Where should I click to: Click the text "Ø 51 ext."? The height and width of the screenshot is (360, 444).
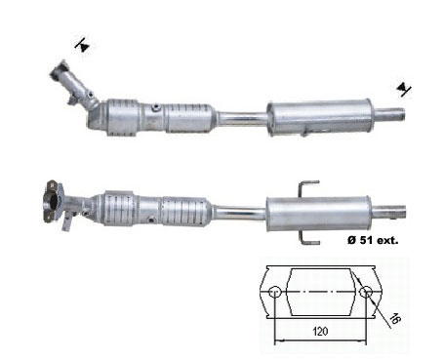point(373,240)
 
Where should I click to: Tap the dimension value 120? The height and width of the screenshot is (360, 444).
point(320,332)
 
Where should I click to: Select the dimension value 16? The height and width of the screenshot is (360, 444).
point(394,319)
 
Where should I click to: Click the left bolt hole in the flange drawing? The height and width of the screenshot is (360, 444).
point(275,292)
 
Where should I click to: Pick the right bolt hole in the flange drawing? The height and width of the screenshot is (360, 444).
point(366,292)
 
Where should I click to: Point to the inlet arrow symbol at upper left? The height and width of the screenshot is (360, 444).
point(83,45)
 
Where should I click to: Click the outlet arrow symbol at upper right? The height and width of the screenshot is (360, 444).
point(404,89)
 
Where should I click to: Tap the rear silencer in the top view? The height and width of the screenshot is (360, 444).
point(319,117)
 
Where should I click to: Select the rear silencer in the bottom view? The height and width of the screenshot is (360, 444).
point(318,214)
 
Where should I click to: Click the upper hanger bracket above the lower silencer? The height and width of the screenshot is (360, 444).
point(308,188)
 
